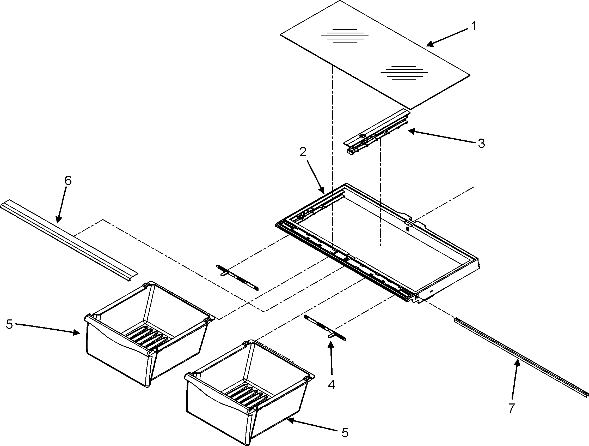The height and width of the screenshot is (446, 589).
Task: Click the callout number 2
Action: [x=303, y=152]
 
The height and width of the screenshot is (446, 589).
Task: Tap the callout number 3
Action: [x=481, y=144]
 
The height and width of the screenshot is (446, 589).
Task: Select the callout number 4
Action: [x=332, y=384]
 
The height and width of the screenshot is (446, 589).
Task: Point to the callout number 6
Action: [x=68, y=181]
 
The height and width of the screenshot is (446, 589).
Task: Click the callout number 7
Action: [x=511, y=408]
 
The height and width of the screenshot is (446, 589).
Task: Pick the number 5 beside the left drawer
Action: [x=9, y=324]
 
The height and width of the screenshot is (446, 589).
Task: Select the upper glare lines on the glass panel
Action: [x=345, y=36]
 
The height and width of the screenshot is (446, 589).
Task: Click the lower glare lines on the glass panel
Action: [x=404, y=73]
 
